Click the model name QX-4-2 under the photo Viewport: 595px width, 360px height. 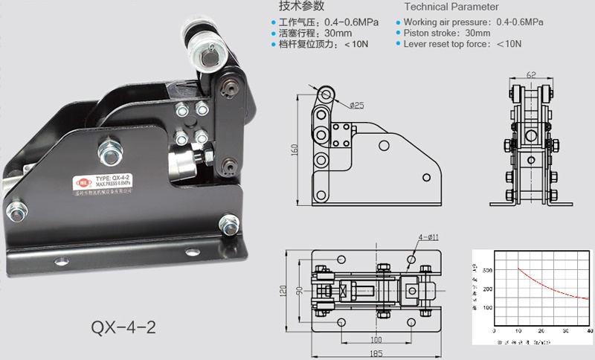pyautogui.click(x=123, y=327)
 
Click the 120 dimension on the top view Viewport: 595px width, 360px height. pyautogui.click(x=283, y=291)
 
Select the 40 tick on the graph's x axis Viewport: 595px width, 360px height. pyautogui.click(x=588, y=330)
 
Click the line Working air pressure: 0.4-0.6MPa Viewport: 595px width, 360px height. pyautogui.click(x=473, y=22)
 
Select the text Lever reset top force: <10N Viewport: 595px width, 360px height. pyautogui.click(x=462, y=44)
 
